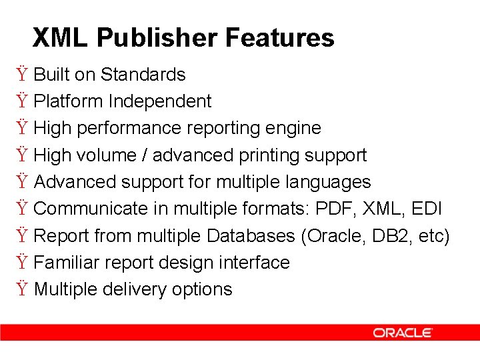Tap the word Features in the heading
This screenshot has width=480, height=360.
pos(279,37)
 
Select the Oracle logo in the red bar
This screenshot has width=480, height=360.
pos(403,332)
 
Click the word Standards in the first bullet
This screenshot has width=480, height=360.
pos(143,75)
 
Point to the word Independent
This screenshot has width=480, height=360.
pos(160,101)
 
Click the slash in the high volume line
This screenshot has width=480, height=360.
pos(145,155)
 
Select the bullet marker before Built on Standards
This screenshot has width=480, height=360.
pos(22,75)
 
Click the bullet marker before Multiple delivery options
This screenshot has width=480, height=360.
pos(22,290)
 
